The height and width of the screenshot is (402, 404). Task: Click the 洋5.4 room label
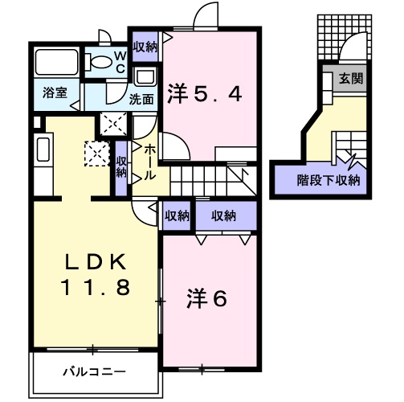pos(204,94)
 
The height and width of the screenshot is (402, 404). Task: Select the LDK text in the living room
pos(96,261)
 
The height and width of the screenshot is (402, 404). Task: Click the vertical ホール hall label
pos(149,162)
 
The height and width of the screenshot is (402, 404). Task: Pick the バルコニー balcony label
pos(94,371)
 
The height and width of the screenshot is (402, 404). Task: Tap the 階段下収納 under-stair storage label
pos(328,179)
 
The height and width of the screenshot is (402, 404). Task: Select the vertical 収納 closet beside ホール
pos(122,167)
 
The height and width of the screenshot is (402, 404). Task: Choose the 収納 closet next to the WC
pos(145,45)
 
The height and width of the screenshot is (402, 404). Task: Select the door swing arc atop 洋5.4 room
pos(207,18)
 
